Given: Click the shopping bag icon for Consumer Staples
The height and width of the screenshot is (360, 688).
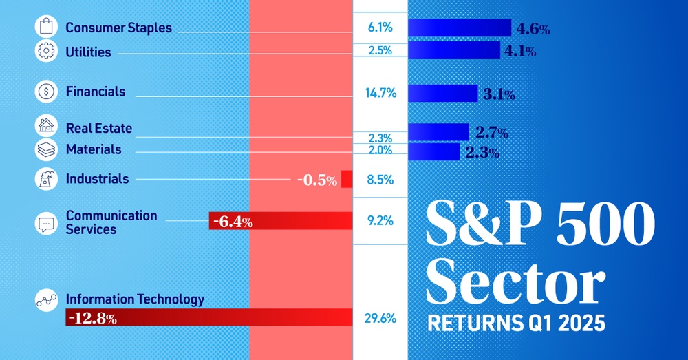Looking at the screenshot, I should (x=46, y=28).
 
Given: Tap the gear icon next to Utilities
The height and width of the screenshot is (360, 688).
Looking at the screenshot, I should (x=46, y=52).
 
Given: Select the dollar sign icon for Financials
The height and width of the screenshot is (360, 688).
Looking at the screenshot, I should (x=46, y=91).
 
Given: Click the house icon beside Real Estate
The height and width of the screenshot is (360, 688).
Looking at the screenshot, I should (x=46, y=127).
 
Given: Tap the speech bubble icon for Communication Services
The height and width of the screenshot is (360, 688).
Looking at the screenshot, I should (x=46, y=222).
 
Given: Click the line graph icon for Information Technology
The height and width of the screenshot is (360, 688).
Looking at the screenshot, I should (x=46, y=300).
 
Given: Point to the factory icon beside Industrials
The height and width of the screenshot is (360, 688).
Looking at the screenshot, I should (x=46, y=179).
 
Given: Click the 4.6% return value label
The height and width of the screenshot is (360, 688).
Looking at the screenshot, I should (x=533, y=29).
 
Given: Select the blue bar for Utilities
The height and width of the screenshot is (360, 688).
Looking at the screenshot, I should (x=454, y=50).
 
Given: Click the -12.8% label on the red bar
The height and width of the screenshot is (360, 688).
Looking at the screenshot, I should (x=92, y=318).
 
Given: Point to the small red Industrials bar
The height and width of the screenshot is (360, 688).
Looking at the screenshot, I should (x=347, y=180).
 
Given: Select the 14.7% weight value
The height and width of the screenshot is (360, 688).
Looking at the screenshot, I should (x=380, y=92).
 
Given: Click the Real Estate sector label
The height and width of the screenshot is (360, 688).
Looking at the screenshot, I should (x=98, y=128).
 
